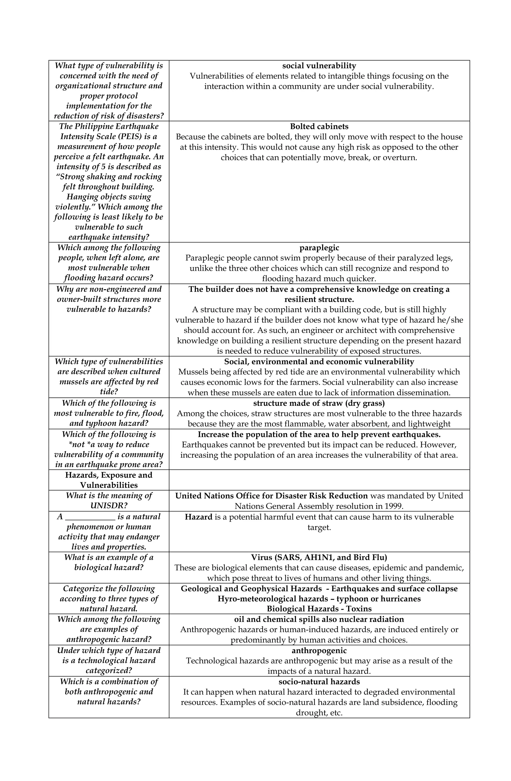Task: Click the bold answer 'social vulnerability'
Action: point(319,66)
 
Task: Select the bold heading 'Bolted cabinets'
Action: point(319,126)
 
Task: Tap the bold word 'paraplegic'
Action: point(319,248)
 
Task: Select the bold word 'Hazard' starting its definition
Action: point(198,517)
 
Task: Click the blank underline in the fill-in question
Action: point(90,517)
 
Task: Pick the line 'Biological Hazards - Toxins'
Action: point(319,609)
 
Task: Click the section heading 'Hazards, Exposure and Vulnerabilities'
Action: point(109,480)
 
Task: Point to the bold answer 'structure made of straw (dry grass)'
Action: point(319,403)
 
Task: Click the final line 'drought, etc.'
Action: point(319,713)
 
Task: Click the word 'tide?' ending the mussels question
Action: point(109,392)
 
